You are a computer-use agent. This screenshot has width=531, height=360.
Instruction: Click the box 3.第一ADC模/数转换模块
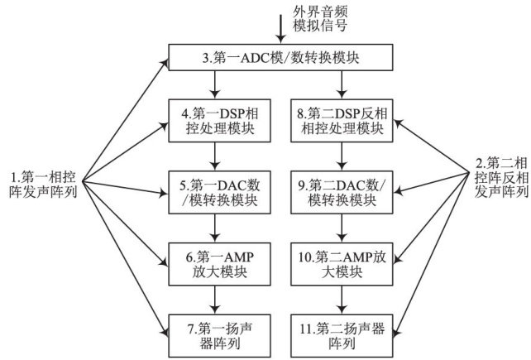pyautogui.click(x=280, y=60)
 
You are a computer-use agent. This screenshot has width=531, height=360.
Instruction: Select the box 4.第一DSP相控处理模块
pyautogui.click(x=215, y=119)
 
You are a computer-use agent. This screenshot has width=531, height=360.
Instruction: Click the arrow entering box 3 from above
pyautogui.click(x=281, y=31)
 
